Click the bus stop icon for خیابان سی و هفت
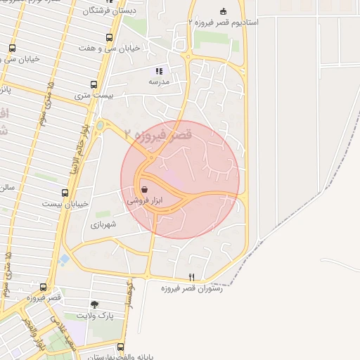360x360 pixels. tap(108, 38)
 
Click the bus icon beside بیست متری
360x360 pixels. tap(94, 84)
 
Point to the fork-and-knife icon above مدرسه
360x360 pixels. tap(158, 71)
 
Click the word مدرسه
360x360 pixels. tap(158, 82)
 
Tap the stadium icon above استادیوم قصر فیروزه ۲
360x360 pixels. tap(224, 11)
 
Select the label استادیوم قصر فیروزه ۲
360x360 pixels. tap(223, 22)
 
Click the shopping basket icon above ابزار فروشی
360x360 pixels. tap(144, 189)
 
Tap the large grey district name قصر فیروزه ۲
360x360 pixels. tap(157, 134)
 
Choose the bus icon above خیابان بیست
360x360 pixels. tap(65, 193)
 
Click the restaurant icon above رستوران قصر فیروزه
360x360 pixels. tap(191, 277)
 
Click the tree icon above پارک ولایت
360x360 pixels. tap(94, 304)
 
